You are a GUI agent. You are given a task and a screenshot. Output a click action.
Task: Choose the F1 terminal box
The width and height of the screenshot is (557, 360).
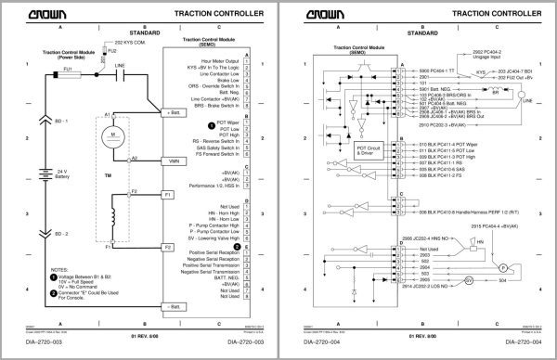168,196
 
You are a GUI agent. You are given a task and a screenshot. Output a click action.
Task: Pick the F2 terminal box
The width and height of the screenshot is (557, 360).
168,248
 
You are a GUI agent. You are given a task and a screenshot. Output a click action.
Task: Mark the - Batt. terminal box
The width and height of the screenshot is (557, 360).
172,305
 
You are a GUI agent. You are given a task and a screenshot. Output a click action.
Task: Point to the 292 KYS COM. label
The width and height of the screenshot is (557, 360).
131,43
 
